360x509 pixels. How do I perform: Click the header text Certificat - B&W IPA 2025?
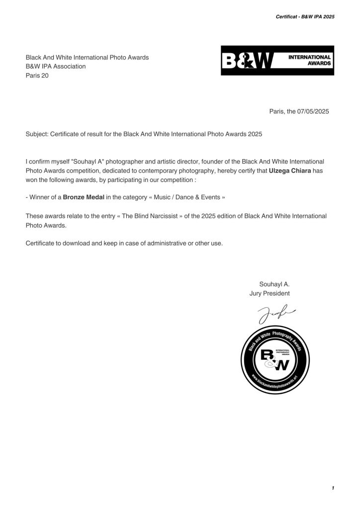[x=305, y=16]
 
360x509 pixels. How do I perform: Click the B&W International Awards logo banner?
[x=277, y=61]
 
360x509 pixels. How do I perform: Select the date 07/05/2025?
[x=314, y=111]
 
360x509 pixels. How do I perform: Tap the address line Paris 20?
[x=37, y=76]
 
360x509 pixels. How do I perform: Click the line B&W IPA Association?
[x=56, y=67]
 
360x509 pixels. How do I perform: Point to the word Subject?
[x=37, y=134]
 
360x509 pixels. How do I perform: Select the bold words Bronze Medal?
[x=84, y=197]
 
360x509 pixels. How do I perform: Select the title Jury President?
[x=270, y=293]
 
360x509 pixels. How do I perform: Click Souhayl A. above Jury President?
[x=274, y=284]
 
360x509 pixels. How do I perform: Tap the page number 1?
[x=332, y=488]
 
